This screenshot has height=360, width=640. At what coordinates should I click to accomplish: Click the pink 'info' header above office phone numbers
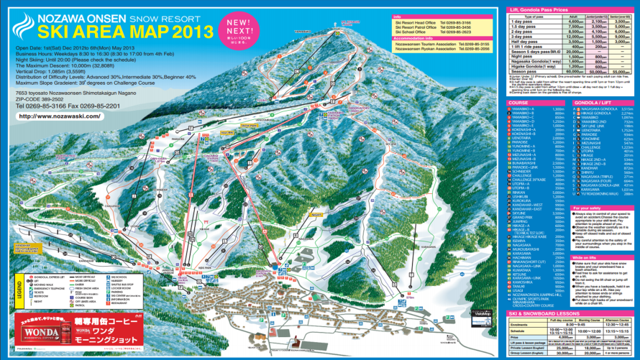click(x=398, y=16)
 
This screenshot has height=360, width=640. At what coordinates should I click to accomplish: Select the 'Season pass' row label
click(x=523, y=72)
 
